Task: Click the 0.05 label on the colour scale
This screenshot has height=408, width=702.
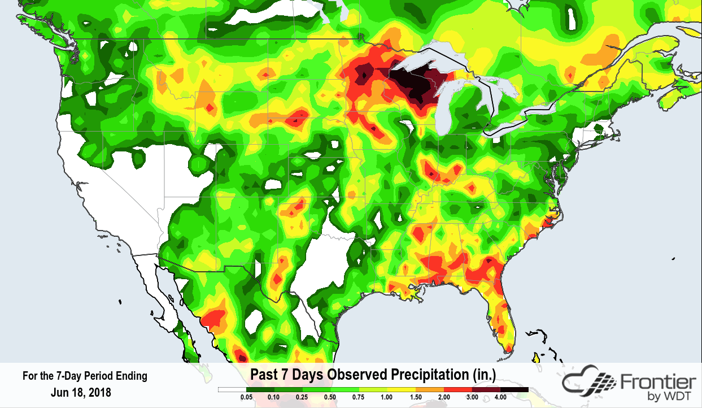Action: (247, 398)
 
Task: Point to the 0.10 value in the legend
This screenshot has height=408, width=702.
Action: (274, 398)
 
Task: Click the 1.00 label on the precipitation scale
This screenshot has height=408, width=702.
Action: (387, 398)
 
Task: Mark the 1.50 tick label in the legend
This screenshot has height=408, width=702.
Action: (416, 398)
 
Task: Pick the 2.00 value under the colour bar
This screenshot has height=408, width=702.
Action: (444, 398)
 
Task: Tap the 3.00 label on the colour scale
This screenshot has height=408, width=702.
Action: (472, 398)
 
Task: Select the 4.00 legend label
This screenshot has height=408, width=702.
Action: (500, 398)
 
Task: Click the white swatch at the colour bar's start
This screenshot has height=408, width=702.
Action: (232, 390)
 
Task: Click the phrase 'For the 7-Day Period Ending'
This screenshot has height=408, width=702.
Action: (85, 376)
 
